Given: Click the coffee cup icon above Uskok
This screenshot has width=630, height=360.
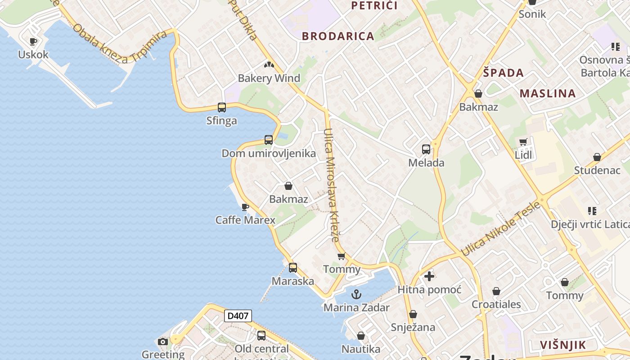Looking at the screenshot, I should (33, 42).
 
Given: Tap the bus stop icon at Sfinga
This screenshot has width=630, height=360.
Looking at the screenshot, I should (222, 108).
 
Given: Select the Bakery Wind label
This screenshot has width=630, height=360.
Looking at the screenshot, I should (269, 78).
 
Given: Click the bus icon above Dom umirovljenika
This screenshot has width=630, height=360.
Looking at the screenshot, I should (269, 140).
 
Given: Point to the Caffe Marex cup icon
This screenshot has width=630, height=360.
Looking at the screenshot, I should (245, 207).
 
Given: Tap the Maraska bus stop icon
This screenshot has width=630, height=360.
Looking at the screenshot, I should (293, 268).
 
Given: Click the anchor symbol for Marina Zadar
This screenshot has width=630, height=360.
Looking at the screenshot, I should (356, 295).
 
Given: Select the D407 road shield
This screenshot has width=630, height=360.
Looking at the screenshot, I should (238, 316).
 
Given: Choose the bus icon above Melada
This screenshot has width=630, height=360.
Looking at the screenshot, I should (426, 149).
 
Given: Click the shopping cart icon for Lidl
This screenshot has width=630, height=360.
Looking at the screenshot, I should (523, 142).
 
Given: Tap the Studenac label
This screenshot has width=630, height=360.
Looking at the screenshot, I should (597, 171).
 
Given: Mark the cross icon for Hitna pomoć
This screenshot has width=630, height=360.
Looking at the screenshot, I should (429, 276).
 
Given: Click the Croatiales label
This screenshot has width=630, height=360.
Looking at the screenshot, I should (496, 304).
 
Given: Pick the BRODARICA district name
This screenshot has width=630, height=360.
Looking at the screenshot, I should (338, 36).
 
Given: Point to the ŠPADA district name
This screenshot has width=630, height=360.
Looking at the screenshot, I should (504, 73).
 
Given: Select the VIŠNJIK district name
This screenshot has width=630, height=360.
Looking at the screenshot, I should (563, 345).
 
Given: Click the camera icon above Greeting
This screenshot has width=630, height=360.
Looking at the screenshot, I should (163, 342).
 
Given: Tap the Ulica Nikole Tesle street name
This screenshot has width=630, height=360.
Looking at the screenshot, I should (500, 229).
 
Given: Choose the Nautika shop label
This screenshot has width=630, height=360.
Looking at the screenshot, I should (361, 349).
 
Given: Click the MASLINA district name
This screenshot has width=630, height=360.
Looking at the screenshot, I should (548, 94).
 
